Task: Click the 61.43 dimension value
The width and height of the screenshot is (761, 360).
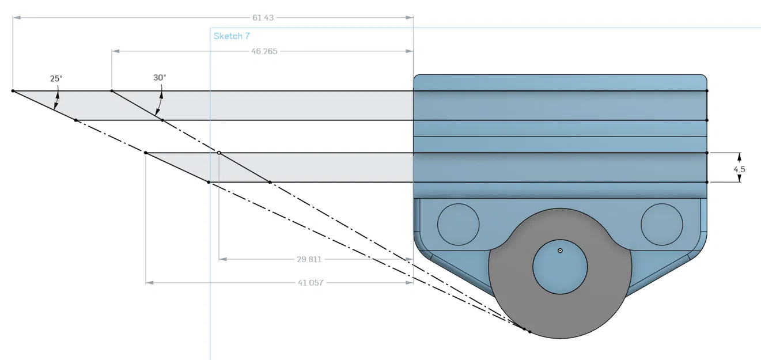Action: [263, 18]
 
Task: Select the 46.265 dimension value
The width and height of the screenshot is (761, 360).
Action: [264, 51]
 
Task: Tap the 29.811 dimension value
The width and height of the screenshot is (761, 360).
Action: [309, 259]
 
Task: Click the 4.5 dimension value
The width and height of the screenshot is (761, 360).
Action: [740, 169]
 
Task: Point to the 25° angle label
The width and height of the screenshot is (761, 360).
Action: [55, 78]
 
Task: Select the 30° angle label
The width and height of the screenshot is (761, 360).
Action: [160, 77]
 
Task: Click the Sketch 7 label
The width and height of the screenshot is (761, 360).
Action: [232, 36]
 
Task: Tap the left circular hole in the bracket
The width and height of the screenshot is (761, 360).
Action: [459, 223]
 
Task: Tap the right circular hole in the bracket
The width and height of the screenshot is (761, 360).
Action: [662, 223]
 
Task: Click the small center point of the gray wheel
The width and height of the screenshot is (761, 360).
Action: [560, 251]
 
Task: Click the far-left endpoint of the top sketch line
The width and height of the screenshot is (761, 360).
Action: [13, 91]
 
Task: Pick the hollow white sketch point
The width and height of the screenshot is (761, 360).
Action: [219, 153]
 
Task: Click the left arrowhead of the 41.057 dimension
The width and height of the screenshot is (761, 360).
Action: [149, 283]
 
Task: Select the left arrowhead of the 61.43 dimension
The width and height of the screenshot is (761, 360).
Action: [16, 18]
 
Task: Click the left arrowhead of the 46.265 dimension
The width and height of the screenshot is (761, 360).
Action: [115, 51]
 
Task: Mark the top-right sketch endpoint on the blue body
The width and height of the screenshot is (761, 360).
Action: [707, 91]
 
